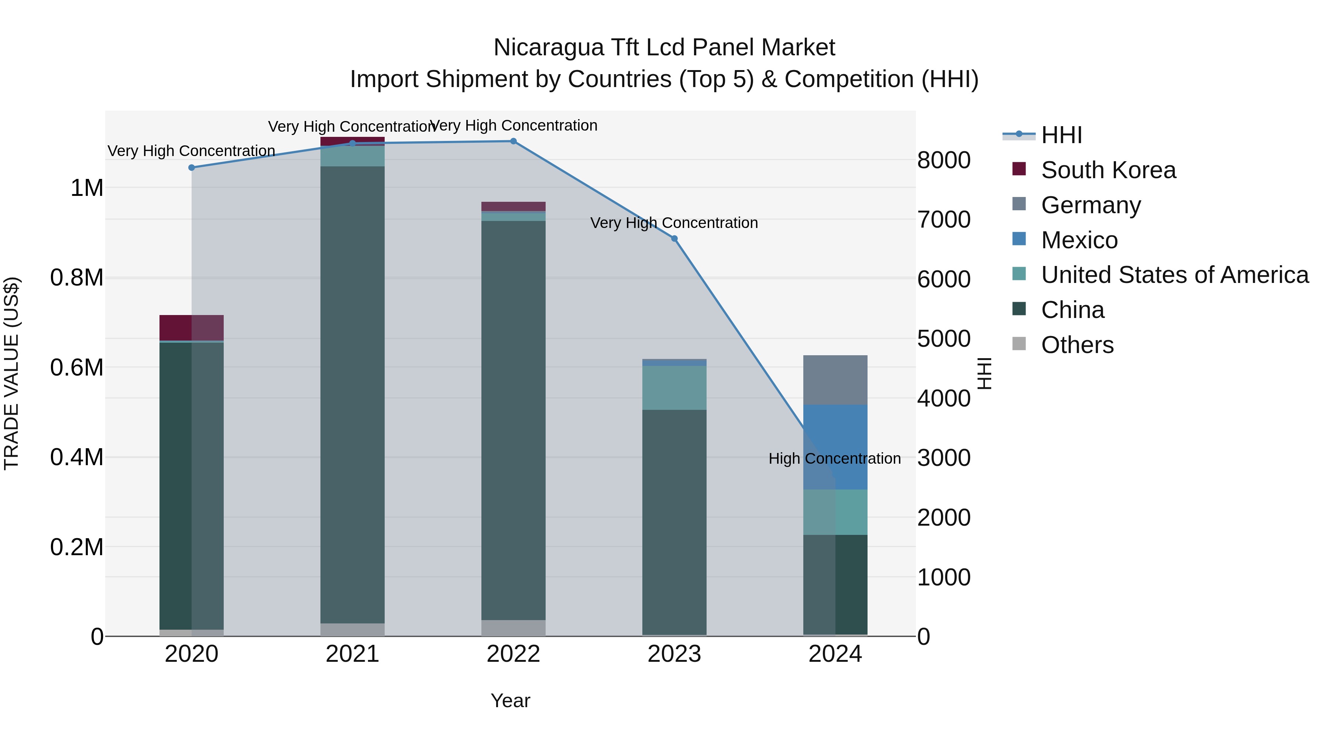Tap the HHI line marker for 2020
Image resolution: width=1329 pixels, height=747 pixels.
tap(191, 167)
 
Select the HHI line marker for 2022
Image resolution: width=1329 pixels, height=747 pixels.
tap(514, 141)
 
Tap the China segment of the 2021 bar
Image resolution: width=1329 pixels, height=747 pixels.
tap(353, 394)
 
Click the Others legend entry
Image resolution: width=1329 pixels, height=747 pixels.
tap(1077, 345)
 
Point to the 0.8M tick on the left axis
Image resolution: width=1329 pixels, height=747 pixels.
tap(76, 278)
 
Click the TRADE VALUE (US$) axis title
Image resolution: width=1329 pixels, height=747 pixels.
tap(11, 373)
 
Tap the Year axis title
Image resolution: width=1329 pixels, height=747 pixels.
tap(510, 701)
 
